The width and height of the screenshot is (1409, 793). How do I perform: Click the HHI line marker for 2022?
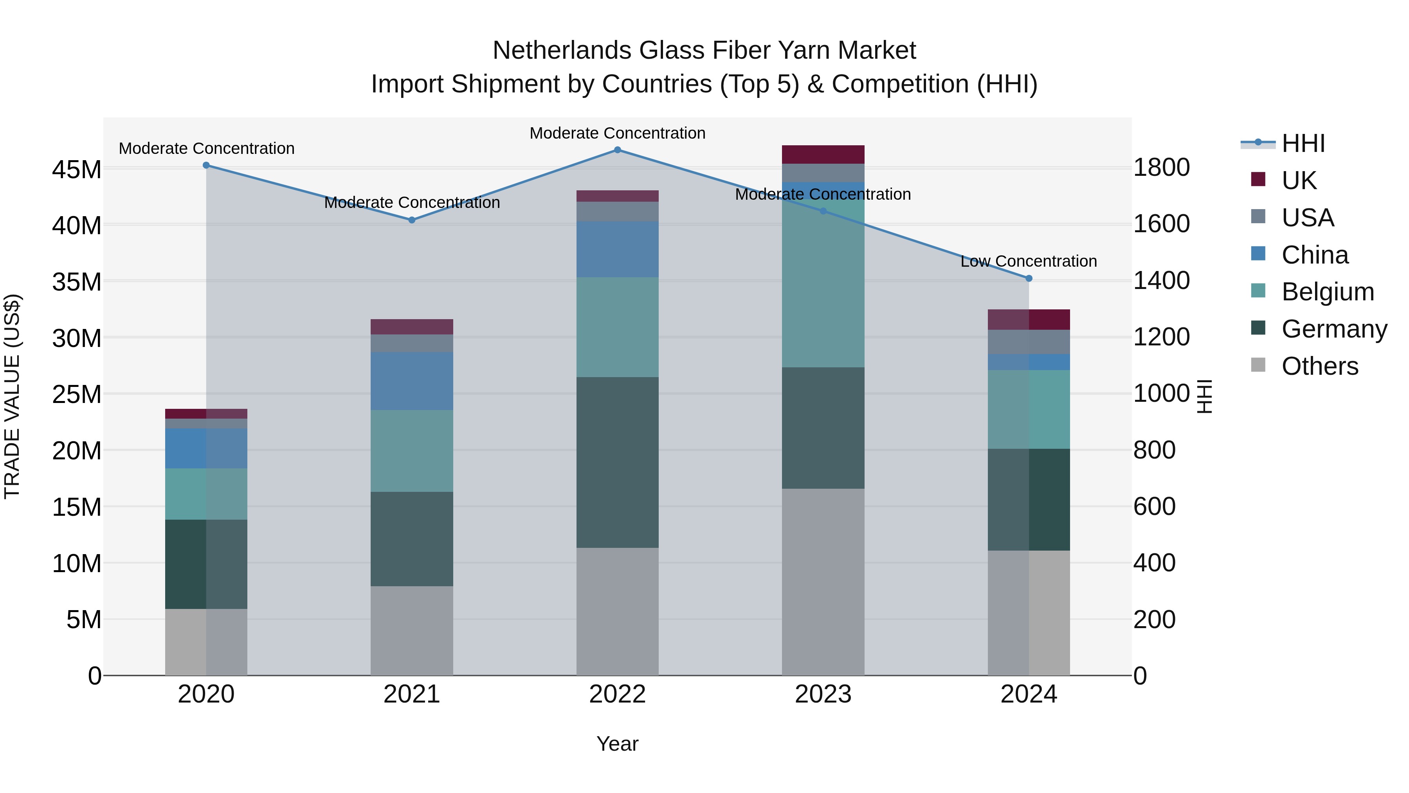tap(618, 150)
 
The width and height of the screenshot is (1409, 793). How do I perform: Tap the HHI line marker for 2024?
tap(1029, 278)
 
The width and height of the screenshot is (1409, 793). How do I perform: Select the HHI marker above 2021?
tap(412, 220)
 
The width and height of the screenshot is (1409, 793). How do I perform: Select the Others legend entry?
tap(1319, 366)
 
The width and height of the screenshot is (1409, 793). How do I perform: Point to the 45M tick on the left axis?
tap(77, 170)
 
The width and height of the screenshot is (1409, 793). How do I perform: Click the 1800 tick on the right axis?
tap(1161, 168)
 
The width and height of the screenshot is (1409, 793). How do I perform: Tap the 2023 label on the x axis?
tap(823, 694)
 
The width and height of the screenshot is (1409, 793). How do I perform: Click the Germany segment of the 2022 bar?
tap(618, 462)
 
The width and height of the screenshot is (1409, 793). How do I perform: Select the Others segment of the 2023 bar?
tap(823, 582)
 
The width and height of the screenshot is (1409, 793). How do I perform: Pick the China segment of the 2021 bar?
tap(412, 381)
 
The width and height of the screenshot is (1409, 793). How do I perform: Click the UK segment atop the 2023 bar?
tap(823, 154)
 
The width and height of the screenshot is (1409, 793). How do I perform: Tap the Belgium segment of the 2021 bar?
tap(412, 451)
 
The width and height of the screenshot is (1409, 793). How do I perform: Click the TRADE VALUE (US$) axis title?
tap(12, 396)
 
